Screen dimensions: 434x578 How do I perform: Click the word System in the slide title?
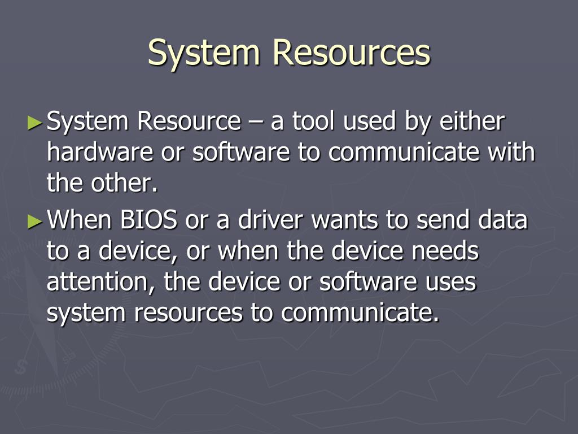click(204, 53)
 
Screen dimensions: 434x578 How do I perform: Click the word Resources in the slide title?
click(351, 53)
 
